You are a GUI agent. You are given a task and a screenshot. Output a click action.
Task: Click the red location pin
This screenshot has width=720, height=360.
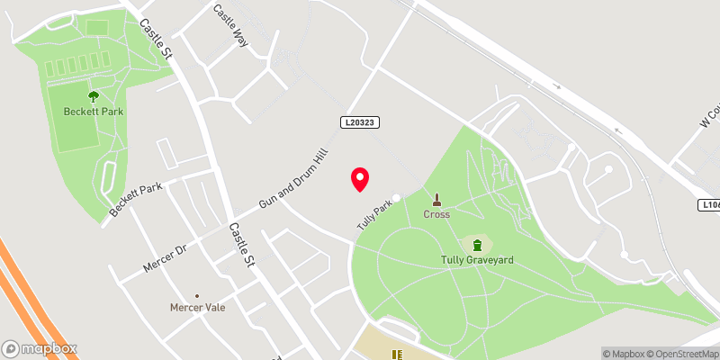pos(359,178)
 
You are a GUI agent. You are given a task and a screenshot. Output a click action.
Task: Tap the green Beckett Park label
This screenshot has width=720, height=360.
pos(94,112)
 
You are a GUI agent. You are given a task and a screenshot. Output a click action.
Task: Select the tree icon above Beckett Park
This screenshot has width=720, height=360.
pos(94,95)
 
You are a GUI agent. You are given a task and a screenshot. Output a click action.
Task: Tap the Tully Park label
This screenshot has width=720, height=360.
pos(377,212)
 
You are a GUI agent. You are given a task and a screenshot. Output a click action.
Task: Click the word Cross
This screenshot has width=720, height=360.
pos(437,214)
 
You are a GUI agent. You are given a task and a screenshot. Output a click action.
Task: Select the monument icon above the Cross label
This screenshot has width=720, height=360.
pos(437,199)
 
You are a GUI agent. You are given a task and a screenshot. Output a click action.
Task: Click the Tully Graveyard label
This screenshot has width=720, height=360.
pos(477,260)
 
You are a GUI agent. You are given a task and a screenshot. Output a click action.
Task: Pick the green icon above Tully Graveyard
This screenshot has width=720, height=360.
pos(477,244)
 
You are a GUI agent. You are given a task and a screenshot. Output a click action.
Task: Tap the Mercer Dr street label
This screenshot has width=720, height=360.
pos(163,257)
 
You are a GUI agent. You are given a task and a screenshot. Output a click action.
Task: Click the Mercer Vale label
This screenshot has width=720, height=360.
pos(197,307)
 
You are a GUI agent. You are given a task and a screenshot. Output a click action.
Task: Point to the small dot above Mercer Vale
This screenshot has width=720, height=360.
pos(197,293)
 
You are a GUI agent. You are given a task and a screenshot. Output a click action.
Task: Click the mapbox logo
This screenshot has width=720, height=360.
pos(40,348)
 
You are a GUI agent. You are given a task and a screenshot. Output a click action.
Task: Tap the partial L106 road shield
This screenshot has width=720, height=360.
pos(711,206)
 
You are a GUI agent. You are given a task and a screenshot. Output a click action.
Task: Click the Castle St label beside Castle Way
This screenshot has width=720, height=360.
pos(154,37)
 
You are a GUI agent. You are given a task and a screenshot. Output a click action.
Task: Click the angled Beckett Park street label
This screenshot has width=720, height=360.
pos(136,200)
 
